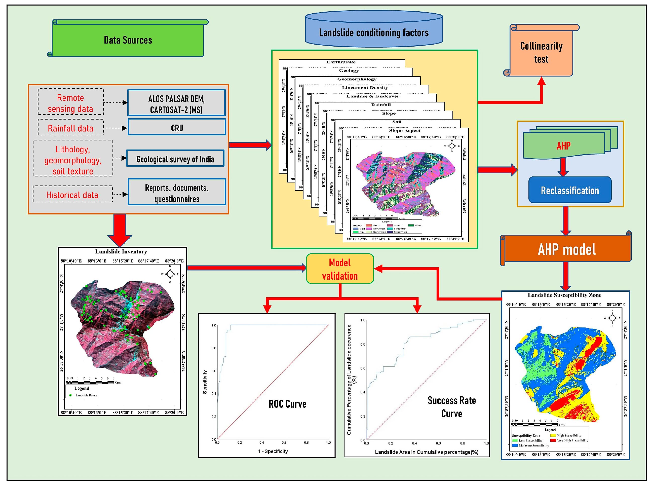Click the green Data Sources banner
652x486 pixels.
click(x=128, y=40)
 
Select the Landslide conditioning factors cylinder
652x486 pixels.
click(x=373, y=32)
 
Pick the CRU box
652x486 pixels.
click(x=177, y=128)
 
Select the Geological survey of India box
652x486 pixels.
click(x=175, y=159)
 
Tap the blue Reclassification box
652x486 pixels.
click(x=569, y=191)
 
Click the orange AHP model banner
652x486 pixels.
click(x=566, y=249)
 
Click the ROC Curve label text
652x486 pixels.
click(x=287, y=404)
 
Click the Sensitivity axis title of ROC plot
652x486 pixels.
click(x=205, y=382)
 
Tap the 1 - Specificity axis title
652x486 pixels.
click(x=273, y=451)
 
